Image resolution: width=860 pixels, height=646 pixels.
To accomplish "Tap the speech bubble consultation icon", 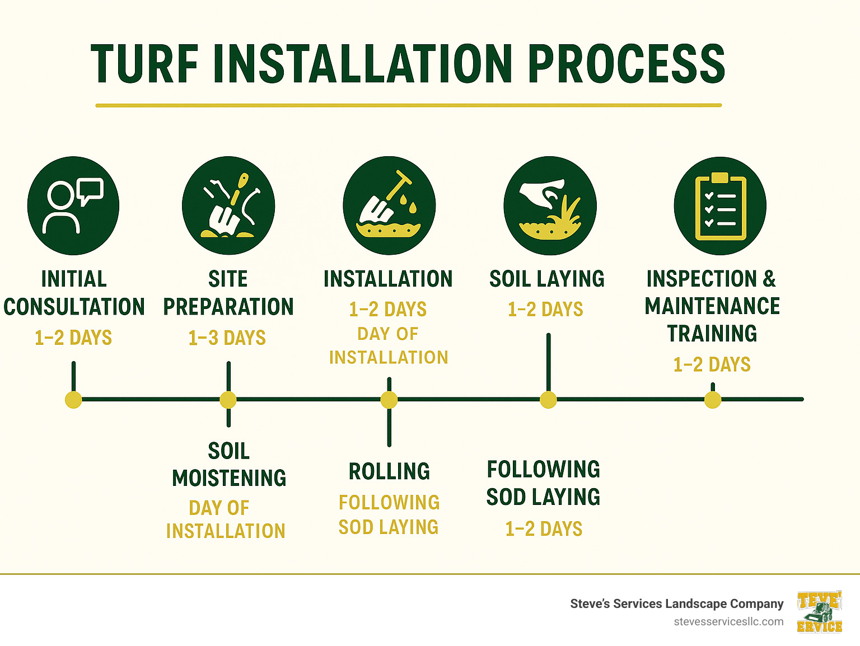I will [x=73, y=205].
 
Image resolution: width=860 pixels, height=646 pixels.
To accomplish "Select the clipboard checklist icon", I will [x=720, y=206].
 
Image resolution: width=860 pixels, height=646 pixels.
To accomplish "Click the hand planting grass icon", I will [x=550, y=206].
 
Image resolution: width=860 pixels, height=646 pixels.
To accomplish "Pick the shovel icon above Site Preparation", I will [x=228, y=206].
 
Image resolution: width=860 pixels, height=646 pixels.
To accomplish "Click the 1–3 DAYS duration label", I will [x=227, y=338].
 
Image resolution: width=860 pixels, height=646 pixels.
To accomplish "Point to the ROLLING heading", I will [x=389, y=471].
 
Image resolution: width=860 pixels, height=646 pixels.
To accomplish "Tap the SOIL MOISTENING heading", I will [x=229, y=465].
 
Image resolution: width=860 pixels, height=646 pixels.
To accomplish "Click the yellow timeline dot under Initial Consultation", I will [x=73, y=400].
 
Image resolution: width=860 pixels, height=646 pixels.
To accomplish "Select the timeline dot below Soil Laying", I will [x=548, y=400].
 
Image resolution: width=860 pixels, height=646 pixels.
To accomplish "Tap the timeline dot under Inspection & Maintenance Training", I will [x=712, y=400].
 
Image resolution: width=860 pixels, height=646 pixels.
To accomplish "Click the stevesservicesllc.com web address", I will [x=728, y=621].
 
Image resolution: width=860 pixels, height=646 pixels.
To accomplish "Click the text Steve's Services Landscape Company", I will [x=676, y=603].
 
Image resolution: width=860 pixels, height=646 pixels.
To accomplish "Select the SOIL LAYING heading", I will [x=547, y=279].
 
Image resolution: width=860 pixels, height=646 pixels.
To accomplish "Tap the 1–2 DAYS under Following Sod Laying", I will [x=544, y=528].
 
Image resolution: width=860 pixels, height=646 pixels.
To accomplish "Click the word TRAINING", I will [x=712, y=334].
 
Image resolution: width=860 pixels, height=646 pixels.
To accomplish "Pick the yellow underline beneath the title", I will [x=408, y=105].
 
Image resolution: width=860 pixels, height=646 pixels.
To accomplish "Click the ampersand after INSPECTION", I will [x=769, y=278].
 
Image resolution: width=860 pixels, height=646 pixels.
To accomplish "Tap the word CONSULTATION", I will [x=74, y=307].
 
